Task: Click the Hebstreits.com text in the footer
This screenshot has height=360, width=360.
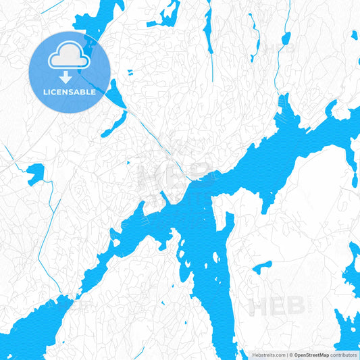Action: (269, 355)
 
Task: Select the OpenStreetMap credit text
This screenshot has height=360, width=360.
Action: (311, 355)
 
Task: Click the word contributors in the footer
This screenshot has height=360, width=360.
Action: (345, 355)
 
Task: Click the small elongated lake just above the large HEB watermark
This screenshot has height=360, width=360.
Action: (262, 266)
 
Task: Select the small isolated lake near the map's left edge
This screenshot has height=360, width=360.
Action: (35, 174)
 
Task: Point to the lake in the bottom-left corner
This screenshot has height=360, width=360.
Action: (30, 331)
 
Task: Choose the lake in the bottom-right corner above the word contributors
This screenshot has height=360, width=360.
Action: (346, 328)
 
